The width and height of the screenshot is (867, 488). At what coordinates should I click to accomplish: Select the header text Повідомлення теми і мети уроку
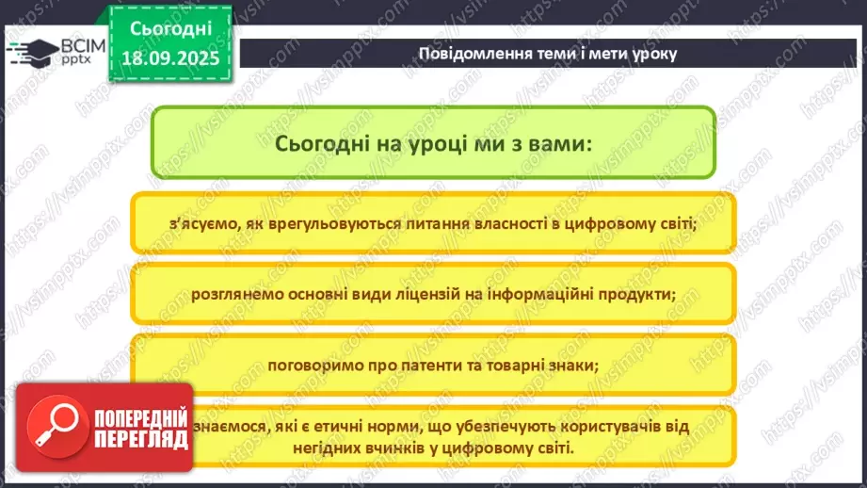click(547, 53)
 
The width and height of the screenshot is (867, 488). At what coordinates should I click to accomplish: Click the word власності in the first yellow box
click(500, 224)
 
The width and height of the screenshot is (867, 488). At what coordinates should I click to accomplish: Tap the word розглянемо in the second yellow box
click(233, 294)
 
